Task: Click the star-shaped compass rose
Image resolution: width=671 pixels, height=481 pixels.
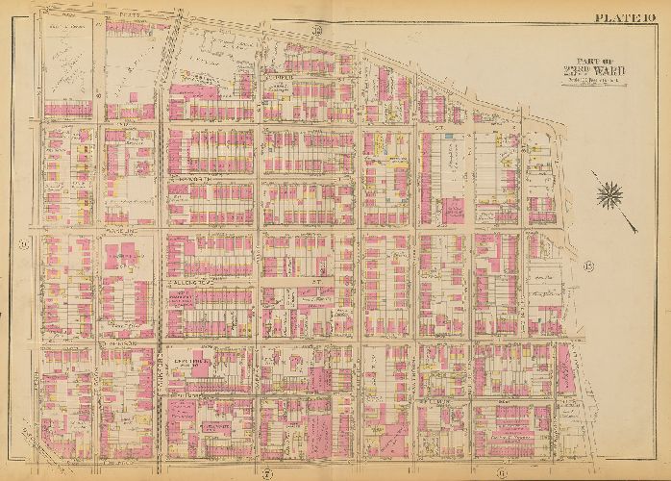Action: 608,196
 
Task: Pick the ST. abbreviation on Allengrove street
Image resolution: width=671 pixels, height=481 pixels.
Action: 314,281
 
